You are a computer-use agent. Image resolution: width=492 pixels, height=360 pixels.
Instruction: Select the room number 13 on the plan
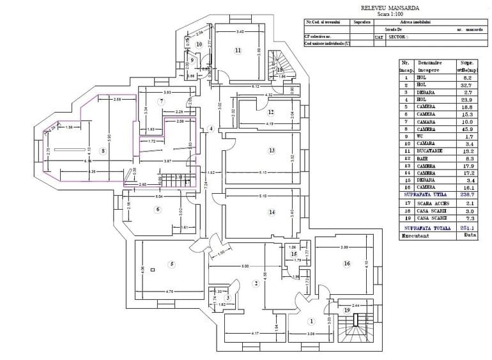click(272, 151)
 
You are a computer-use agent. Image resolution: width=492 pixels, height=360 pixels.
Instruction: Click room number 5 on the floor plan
click(171, 264)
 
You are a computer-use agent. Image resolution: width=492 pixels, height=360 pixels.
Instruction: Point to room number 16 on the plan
click(347, 263)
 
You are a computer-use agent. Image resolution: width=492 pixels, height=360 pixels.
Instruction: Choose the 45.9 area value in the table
click(466, 129)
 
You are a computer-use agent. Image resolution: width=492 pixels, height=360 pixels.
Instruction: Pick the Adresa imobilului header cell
click(416, 21)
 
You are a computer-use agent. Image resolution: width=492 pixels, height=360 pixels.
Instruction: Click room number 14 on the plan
click(272, 212)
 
